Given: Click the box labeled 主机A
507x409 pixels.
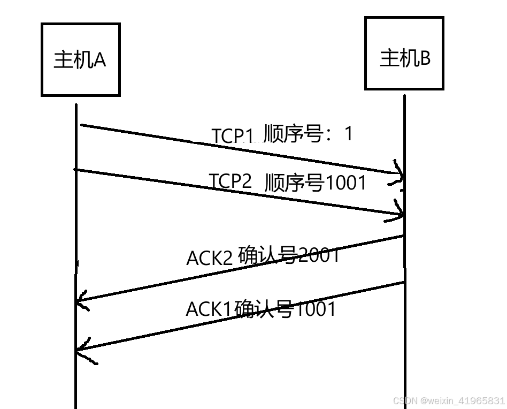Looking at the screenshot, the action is (81, 59).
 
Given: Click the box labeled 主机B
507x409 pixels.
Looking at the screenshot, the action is (404, 53).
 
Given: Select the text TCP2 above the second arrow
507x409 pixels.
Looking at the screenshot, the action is (230, 181).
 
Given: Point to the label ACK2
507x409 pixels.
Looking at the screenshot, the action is (209, 258).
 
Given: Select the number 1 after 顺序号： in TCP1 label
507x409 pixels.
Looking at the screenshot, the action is (349, 134).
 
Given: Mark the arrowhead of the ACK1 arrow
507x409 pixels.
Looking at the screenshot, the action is (81, 349).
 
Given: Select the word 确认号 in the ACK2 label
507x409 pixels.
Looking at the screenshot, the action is (266, 256).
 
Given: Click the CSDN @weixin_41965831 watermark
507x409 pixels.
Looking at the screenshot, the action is (448, 400).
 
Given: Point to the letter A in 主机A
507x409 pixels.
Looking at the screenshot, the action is (99, 60).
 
